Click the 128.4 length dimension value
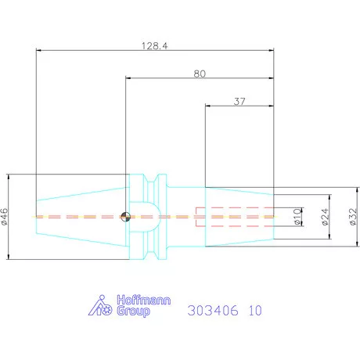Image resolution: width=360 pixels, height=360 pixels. pyautogui.click(x=154, y=46)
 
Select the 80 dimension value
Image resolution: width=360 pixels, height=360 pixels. pyautogui.click(x=200, y=74)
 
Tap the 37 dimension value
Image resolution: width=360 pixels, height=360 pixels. pyautogui.click(x=239, y=101)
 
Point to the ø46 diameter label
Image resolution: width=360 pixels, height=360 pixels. pyautogui.click(x=5, y=217)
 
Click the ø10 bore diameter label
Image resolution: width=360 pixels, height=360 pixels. pyautogui.click(x=297, y=217)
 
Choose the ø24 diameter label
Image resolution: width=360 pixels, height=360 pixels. pyautogui.click(x=325, y=217)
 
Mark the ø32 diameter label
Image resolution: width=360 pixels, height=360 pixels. pyautogui.click(x=353, y=217)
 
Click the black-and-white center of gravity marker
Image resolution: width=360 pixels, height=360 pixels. pyautogui.click(x=125, y=217)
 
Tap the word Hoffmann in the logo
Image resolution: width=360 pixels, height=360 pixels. pyautogui.click(x=144, y=300)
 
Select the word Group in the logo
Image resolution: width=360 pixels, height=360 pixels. pyautogui.click(x=133, y=311)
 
